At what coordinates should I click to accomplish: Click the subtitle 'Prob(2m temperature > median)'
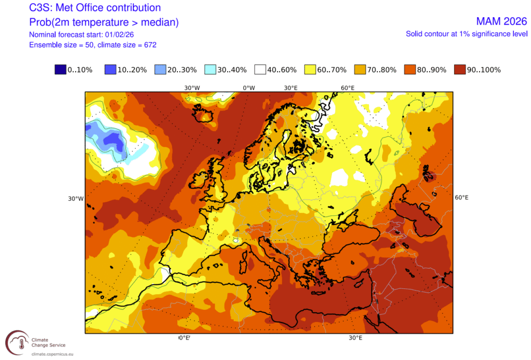(x=97, y=22)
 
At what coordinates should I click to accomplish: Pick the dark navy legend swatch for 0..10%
(x=60, y=70)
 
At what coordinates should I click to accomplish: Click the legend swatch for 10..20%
(x=110, y=70)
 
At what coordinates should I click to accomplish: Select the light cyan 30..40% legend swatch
(x=211, y=70)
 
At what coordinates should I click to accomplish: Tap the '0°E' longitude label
(x=184, y=338)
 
